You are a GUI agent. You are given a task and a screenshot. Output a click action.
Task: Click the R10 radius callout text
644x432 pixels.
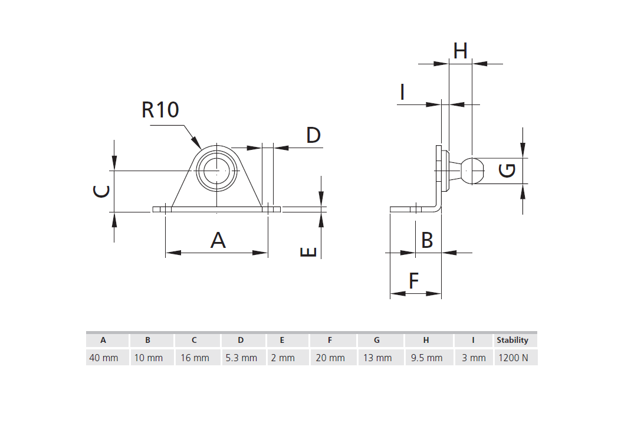pyautogui.click(x=160, y=110)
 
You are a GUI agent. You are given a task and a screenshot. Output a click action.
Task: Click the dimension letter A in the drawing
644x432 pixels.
pyautogui.click(x=218, y=240)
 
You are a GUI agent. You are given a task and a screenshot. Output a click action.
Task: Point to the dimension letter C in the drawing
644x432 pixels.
pyautogui.click(x=102, y=191)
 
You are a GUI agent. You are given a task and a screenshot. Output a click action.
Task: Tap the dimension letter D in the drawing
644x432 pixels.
pyautogui.click(x=313, y=135)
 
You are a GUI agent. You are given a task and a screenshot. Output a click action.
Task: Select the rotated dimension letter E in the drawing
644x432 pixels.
pyautogui.click(x=308, y=252)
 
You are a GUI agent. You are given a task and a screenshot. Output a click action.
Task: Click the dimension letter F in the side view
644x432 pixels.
pyautogui.click(x=414, y=280)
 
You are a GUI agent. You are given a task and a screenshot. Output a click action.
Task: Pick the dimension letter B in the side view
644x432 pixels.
pyautogui.click(x=427, y=240)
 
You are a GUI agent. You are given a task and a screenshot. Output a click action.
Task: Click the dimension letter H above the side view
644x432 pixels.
pyautogui.click(x=460, y=51)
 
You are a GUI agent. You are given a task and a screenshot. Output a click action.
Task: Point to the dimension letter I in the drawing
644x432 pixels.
pyautogui.click(x=402, y=92)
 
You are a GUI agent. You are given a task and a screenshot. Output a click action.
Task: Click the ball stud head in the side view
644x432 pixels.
pyautogui.click(x=473, y=170)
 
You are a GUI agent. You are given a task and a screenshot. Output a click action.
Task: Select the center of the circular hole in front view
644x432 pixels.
pyautogui.click(x=217, y=171)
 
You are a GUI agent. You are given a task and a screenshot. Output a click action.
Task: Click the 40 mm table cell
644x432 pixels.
pyautogui.click(x=104, y=358)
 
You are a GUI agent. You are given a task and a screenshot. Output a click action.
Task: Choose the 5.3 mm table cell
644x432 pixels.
pyautogui.click(x=241, y=358)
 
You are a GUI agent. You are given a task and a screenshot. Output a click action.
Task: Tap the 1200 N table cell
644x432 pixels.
pyautogui.click(x=513, y=358)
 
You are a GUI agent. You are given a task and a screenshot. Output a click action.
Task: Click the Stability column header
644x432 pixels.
pyautogui.click(x=512, y=340)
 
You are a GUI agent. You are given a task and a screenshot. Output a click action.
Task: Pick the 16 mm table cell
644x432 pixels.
pyautogui.click(x=195, y=358)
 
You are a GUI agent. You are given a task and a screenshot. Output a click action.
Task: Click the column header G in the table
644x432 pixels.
pyautogui.click(x=377, y=340)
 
